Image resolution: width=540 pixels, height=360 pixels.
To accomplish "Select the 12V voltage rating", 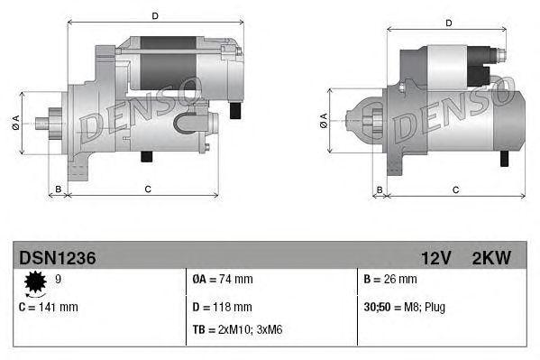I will coord(435,258).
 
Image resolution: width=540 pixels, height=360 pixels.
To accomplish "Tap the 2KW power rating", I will coord(490,258).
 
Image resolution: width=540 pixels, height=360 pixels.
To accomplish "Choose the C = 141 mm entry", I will coord(49,307).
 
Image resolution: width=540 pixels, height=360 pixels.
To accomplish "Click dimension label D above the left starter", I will coord(155,15).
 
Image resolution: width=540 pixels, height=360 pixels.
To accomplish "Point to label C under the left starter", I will coord(147,189).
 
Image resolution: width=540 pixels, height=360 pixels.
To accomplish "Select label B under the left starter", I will coord(58,189).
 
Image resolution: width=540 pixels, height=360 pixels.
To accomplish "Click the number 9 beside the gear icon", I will coord(59,281).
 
